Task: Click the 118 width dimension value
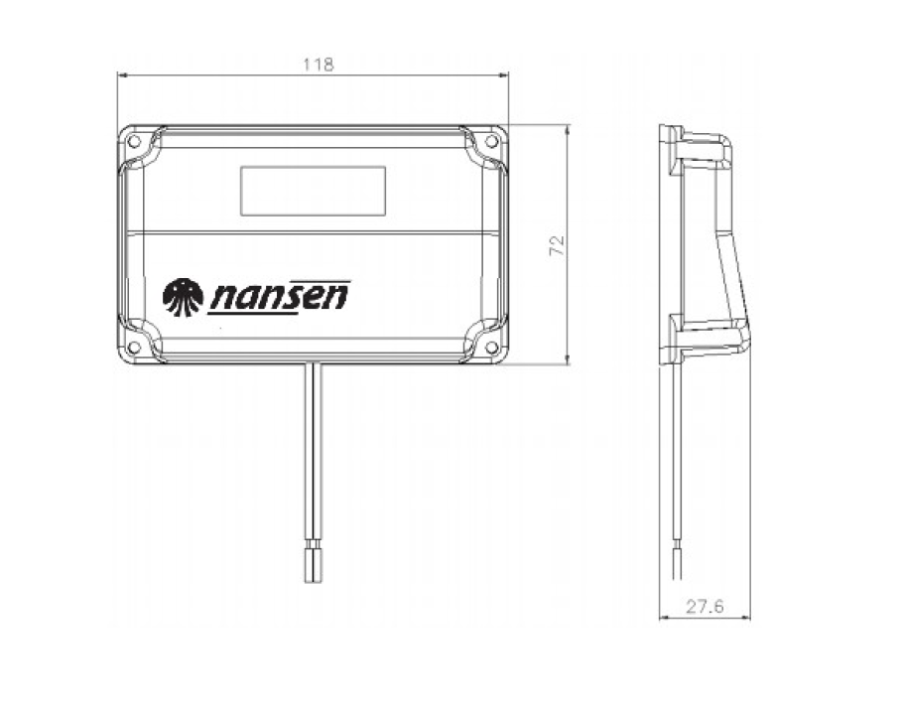pyautogui.click(x=319, y=65)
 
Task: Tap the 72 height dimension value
pyautogui.click(x=558, y=246)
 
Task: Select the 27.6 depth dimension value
pyautogui.click(x=705, y=606)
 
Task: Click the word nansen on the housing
pyautogui.click(x=280, y=295)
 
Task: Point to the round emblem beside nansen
pyautogui.click(x=183, y=297)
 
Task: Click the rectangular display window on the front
pyautogui.click(x=313, y=191)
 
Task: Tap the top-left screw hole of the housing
pyautogui.click(x=134, y=141)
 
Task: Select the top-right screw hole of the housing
pyautogui.click(x=491, y=141)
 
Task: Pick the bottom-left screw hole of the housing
pyautogui.click(x=134, y=347)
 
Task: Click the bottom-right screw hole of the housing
pyautogui.click(x=491, y=347)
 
